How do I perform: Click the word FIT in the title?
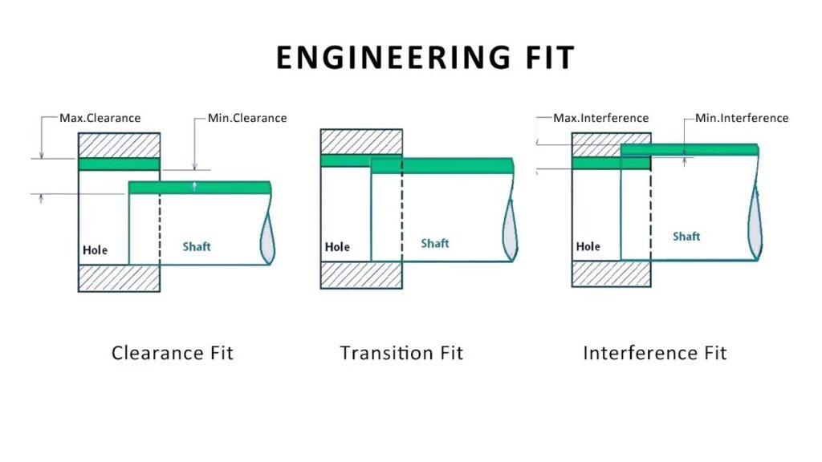click(x=545, y=59)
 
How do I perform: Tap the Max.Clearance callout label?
click(x=100, y=118)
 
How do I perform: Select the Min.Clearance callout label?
click(x=247, y=118)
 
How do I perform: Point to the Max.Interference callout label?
click(x=600, y=118)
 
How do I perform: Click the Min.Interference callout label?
click(x=742, y=118)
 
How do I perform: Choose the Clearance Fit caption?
click(x=173, y=353)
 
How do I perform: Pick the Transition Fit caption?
click(x=401, y=353)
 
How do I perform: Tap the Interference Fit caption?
click(x=655, y=353)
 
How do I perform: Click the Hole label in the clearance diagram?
click(x=95, y=250)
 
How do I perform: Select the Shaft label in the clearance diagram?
click(x=197, y=246)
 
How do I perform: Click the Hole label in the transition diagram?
click(x=337, y=247)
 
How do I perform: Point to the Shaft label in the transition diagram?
click(x=435, y=243)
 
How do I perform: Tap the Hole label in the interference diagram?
click(x=588, y=246)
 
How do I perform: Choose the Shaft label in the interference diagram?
click(x=686, y=236)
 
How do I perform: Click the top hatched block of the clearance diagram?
click(x=119, y=144)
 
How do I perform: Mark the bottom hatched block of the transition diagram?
click(x=360, y=274)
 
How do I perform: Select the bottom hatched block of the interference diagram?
click(x=611, y=274)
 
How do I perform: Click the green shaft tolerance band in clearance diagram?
click(x=200, y=188)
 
